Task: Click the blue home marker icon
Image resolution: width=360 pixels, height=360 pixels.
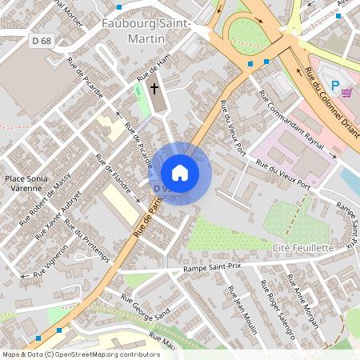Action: (180, 173)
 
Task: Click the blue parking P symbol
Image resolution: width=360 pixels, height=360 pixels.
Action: (336, 85)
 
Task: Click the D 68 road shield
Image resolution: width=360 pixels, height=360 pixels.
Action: (42, 40)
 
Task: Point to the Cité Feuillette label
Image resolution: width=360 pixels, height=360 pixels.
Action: (302, 248)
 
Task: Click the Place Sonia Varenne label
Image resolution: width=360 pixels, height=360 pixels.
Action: (26, 183)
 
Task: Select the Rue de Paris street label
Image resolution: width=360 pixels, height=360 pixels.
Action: (142, 218)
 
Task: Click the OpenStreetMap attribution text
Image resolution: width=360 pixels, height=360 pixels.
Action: (80, 354)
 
